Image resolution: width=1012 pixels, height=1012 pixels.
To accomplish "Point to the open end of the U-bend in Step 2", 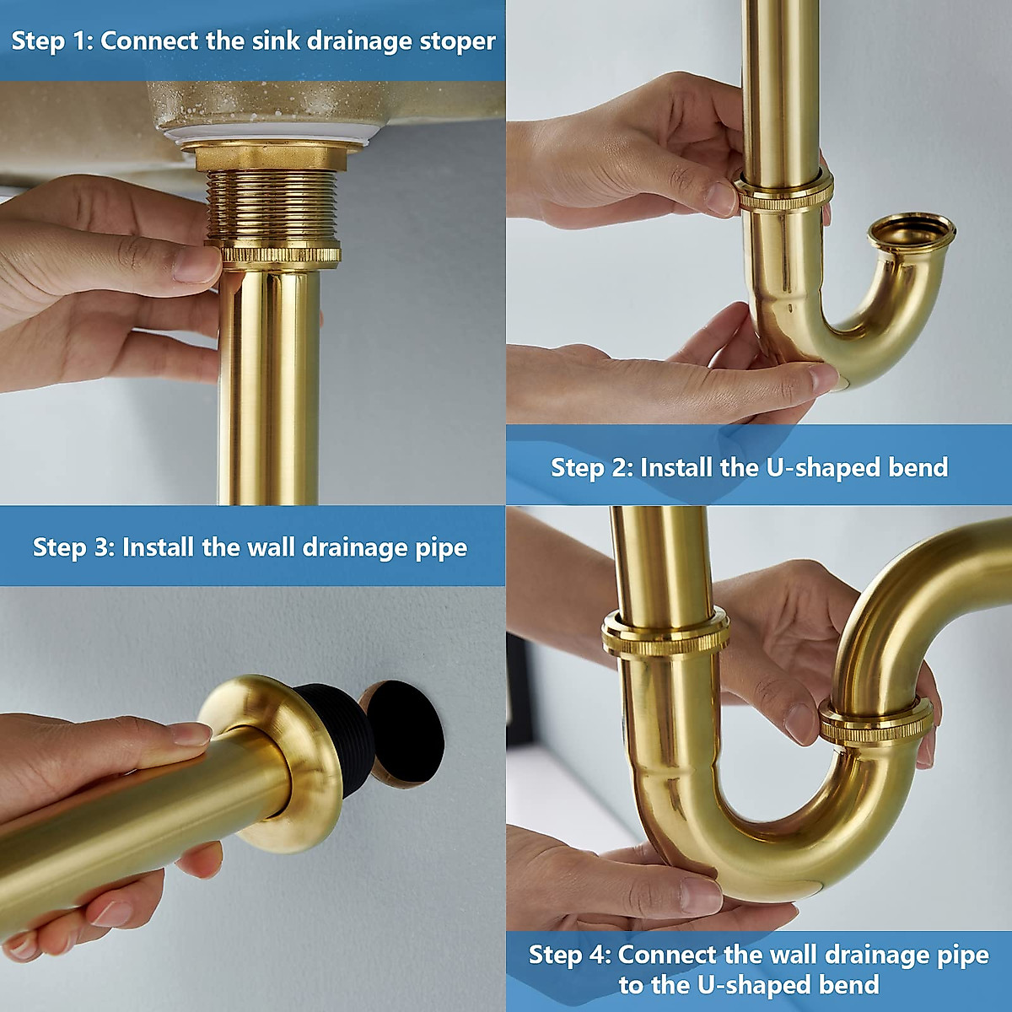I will [912, 232].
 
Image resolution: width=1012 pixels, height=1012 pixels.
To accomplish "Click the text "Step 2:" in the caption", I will [590, 467].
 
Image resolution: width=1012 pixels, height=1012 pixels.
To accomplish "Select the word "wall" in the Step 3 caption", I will [272, 547].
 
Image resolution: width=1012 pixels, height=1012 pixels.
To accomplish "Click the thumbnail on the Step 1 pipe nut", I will [196, 263].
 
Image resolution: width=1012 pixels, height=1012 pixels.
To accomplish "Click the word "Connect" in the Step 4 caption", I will [667, 955].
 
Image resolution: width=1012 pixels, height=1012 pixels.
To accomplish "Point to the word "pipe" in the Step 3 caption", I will [440, 547].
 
